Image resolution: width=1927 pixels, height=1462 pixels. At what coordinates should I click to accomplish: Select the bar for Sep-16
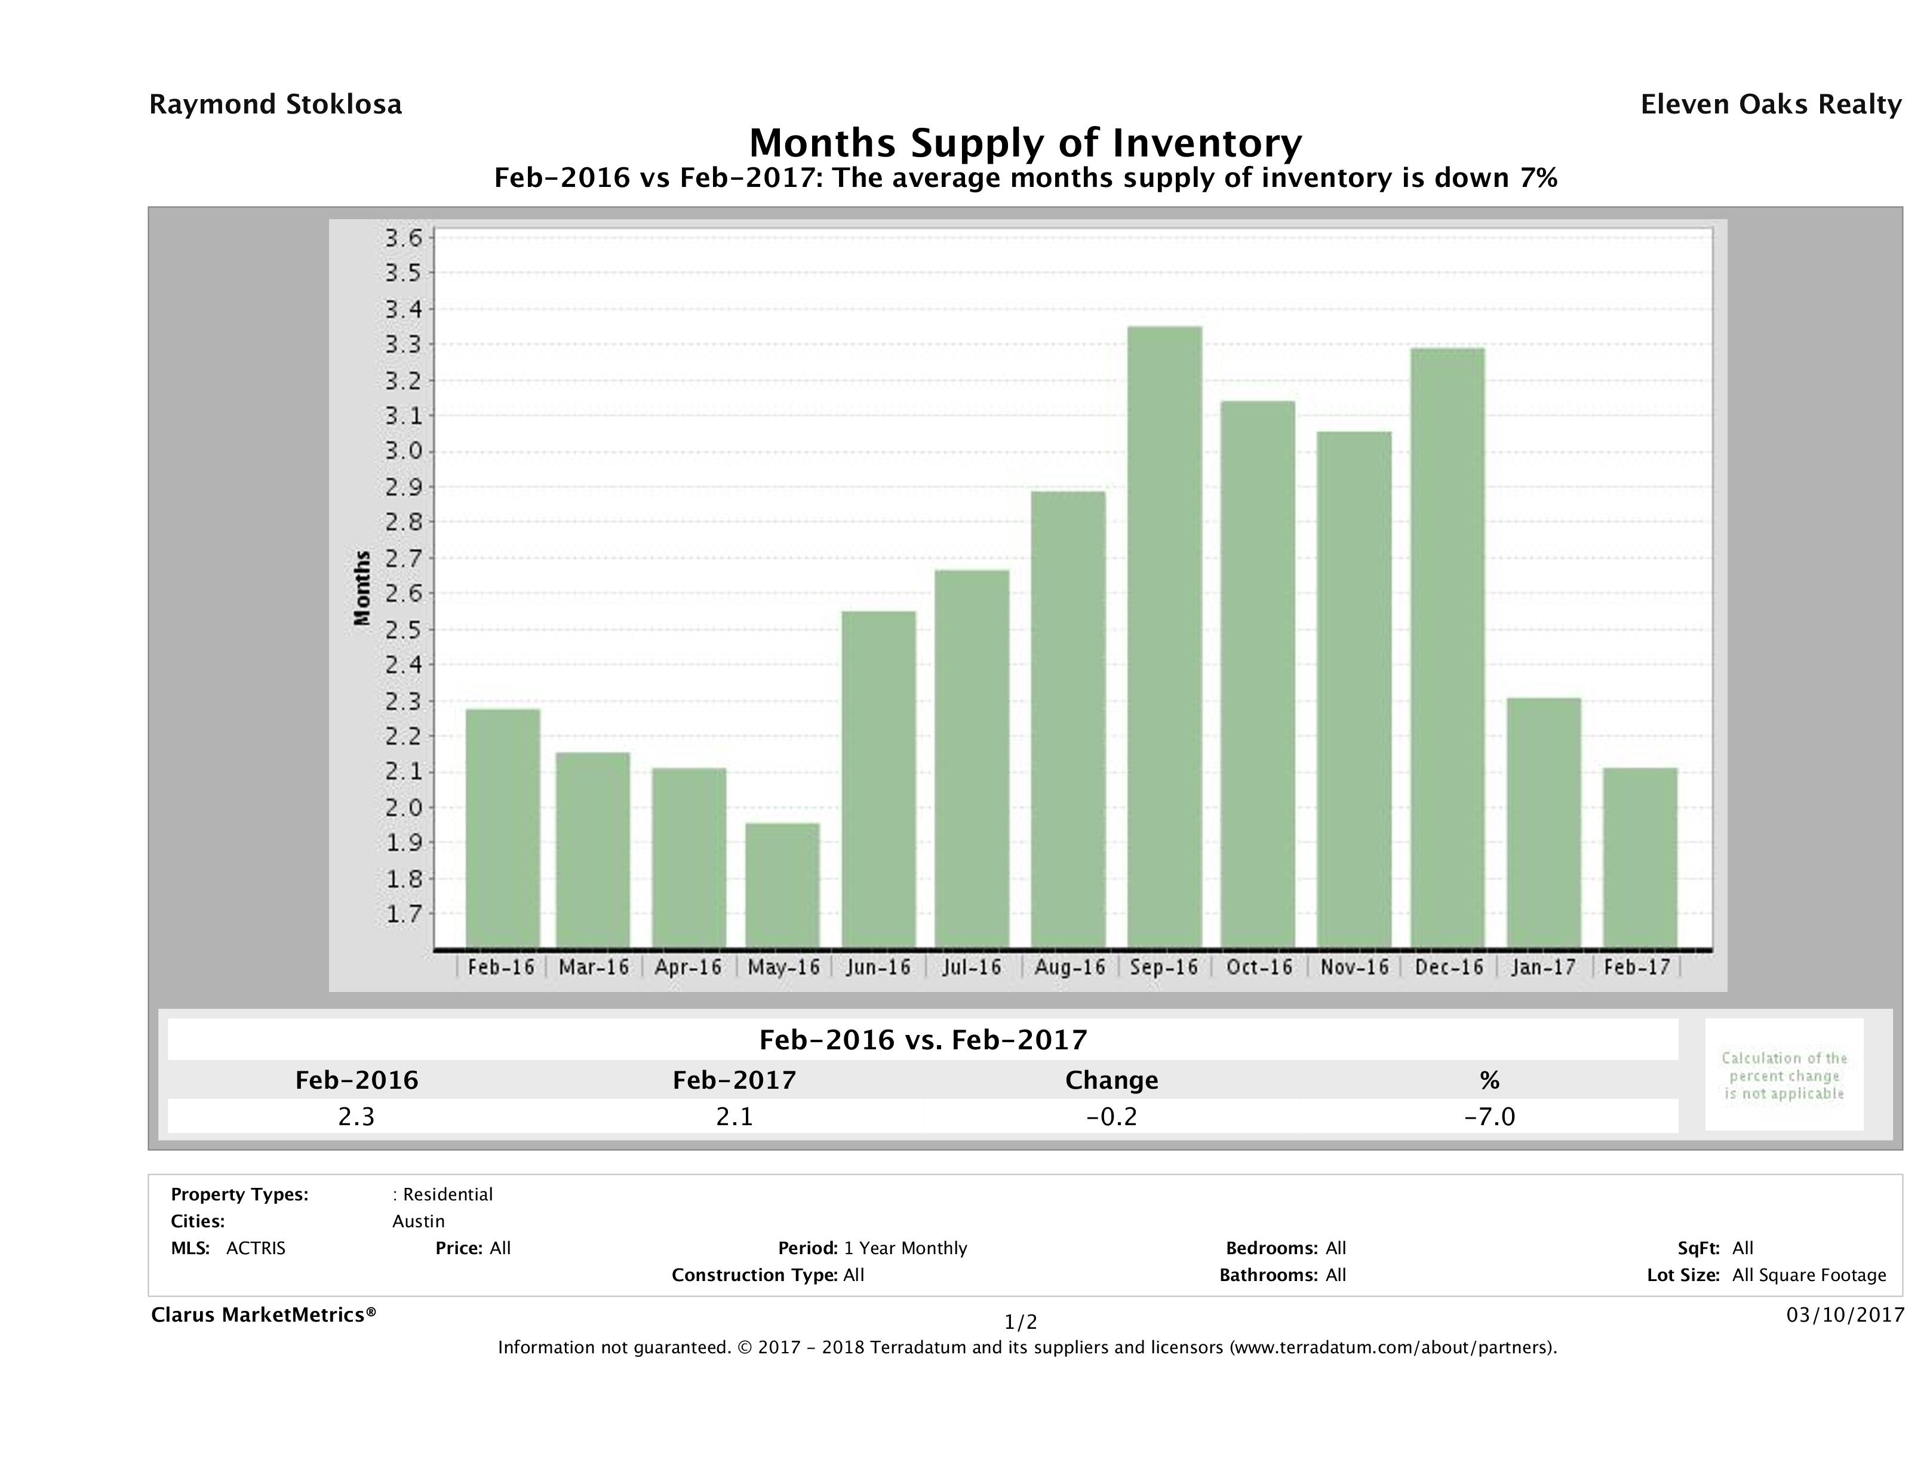tap(1164, 637)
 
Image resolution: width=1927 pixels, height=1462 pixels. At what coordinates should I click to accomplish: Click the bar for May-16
tap(782, 885)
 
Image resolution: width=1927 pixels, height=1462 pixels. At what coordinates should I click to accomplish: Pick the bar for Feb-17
tap(1640, 858)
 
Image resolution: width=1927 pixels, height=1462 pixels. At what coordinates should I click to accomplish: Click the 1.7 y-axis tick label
tap(402, 914)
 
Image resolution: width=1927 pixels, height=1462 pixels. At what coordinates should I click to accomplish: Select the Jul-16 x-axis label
tap(972, 967)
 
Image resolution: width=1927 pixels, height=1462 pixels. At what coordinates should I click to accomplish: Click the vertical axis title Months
tap(361, 588)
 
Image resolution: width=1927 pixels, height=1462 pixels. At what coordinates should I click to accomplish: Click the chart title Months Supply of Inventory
tap(1025, 143)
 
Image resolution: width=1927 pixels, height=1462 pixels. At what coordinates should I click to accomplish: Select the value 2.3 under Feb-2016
tap(356, 1117)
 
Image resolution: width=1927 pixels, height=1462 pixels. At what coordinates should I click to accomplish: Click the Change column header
tap(1112, 1080)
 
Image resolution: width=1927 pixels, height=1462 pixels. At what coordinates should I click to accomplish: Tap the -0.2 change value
tap(1112, 1117)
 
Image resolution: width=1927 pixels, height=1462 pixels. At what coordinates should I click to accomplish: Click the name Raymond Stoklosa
tap(275, 105)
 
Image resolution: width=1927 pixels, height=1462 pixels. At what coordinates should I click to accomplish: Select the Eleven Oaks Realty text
tap(1770, 105)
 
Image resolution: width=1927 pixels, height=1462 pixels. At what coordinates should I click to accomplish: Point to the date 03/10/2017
tap(1844, 1314)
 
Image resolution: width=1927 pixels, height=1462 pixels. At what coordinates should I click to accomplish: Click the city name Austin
tap(418, 1221)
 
